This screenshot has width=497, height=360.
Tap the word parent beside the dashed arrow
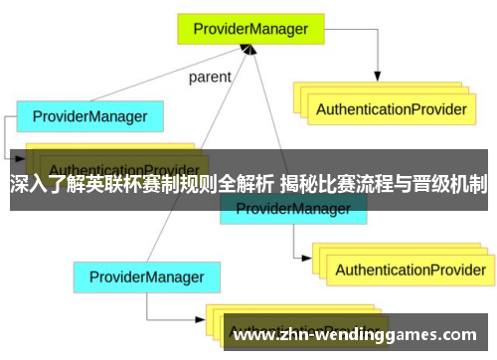coord(209,76)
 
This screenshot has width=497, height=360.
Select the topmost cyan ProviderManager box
coord(89,116)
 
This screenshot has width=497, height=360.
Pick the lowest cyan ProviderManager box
coord(146,249)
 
